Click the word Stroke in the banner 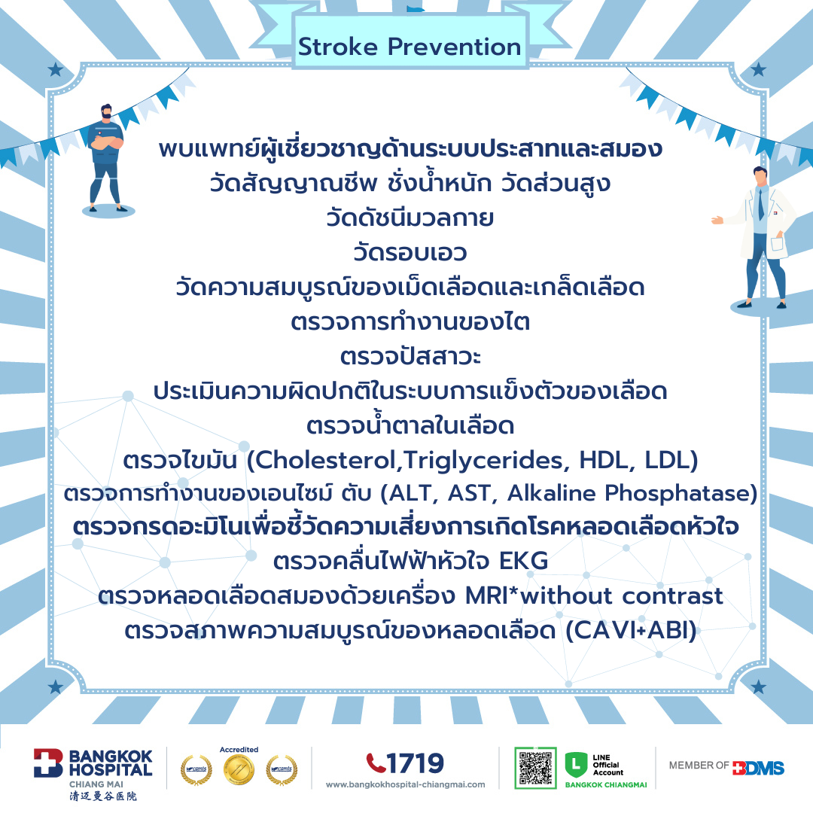click(337, 47)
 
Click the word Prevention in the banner click(454, 47)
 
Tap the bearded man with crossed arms click(106, 158)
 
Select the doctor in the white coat click(758, 239)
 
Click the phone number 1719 click(415, 763)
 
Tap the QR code click(535, 768)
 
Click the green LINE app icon click(576, 765)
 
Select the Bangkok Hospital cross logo click(47, 763)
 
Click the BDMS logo click(758, 768)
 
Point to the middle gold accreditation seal click(239, 769)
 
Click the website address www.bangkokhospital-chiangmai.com click(406, 785)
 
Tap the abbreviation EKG click(523, 561)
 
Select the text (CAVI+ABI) click(631, 631)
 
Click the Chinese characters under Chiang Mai click(103, 796)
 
